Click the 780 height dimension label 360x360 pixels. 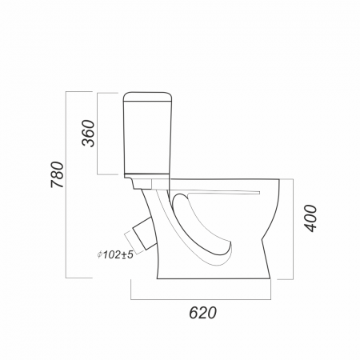[x=58, y=174]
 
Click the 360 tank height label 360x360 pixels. [x=88, y=134]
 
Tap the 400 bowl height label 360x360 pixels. [x=310, y=218]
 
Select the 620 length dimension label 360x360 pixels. [x=203, y=313]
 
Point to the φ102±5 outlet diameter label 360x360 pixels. [x=115, y=255]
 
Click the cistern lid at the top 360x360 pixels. [x=147, y=97]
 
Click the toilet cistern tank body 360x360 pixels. [x=147, y=138]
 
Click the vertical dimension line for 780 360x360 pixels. [x=66, y=185]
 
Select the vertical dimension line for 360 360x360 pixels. [x=98, y=134]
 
